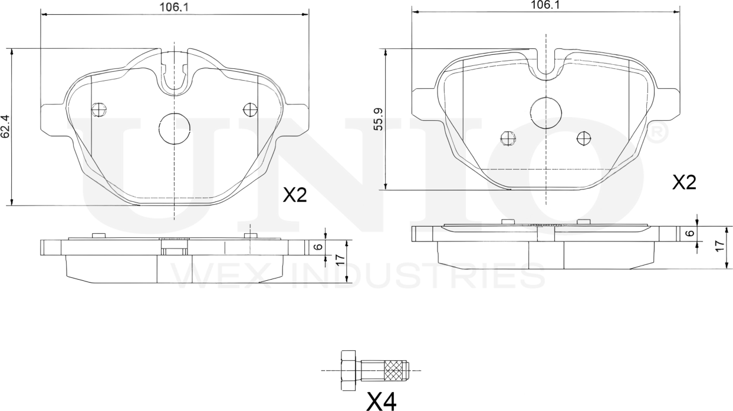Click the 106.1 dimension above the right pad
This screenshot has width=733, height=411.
coord(545,5)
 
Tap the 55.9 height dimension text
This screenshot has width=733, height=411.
coord(379,120)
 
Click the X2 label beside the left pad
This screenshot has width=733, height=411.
coord(295,195)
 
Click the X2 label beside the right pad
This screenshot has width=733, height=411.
coord(685,183)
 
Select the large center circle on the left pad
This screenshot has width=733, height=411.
coord(175,128)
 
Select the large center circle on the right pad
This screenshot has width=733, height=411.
coord(545,112)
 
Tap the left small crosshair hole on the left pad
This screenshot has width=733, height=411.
coord(99,109)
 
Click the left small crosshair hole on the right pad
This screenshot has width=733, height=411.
coord(508,138)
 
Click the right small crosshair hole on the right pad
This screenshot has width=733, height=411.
coord(584,138)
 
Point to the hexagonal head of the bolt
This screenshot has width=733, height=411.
coord(349,370)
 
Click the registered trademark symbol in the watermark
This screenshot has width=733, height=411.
coord(658,133)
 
